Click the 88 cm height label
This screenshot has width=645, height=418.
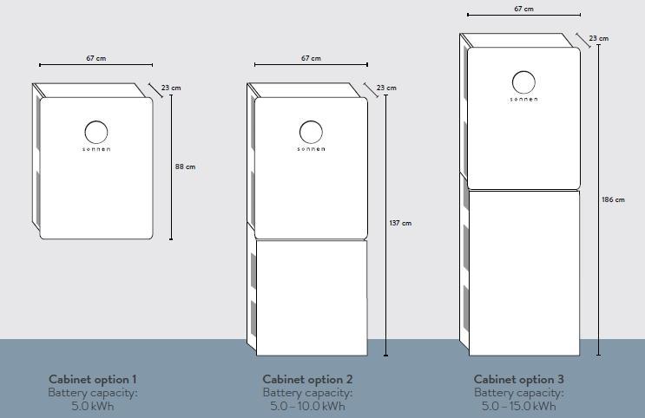pos(185,167)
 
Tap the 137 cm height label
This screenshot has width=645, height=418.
pos(400,223)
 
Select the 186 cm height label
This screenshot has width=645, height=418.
pos(613,199)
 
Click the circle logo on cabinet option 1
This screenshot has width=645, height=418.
pos(96,121)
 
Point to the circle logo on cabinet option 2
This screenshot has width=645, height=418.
pos(311,121)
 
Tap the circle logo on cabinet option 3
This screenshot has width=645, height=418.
pos(523,71)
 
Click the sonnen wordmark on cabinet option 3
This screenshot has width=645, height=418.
pos(523,100)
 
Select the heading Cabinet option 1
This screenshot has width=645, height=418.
pos(93,379)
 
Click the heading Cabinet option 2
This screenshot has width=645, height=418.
pos(307,379)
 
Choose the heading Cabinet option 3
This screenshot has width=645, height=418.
pos(519,379)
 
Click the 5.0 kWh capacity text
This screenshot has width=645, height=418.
pos(93,407)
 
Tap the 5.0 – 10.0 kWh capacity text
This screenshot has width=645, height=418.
pos(307,407)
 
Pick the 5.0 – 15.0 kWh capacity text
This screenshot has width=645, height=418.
pos(519,407)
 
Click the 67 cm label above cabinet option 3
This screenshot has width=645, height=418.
pos(523,9)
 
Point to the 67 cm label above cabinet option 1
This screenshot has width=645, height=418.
pos(95,58)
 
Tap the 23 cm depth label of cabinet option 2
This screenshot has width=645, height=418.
pos(386,88)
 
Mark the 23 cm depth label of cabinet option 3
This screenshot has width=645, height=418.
pos(598,38)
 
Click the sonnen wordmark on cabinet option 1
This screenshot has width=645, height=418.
pos(96,149)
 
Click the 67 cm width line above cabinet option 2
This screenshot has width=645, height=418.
pos(311,64)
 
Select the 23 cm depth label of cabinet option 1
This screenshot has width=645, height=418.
pos(171,88)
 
